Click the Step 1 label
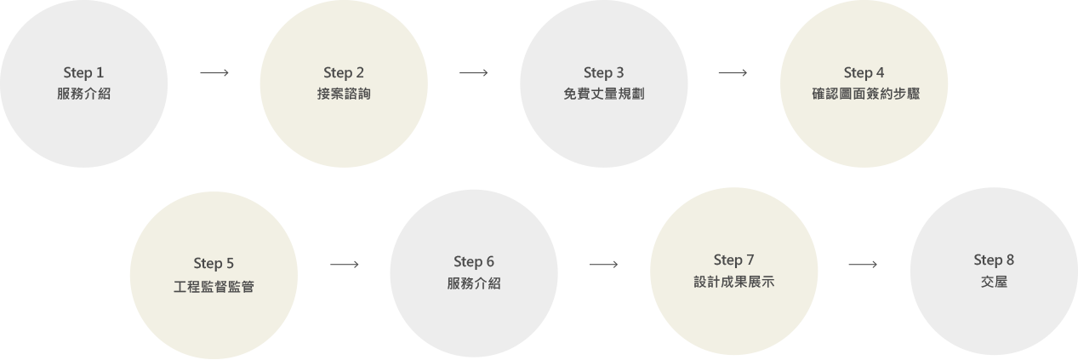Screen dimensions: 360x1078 [x=83, y=72]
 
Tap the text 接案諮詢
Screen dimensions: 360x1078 [x=344, y=94]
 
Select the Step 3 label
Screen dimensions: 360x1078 [x=604, y=72]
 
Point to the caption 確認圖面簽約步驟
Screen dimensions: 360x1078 [x=864, y=94]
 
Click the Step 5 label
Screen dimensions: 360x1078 [x=214, y=261]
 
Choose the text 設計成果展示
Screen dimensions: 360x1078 [x=734, y=282]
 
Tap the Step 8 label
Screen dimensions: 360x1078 [x=994, y=260]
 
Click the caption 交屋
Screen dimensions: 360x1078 [x=994, y=282]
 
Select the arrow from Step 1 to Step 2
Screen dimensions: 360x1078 [x=214, y=73]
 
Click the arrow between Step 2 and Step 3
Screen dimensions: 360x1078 [x=474, y=73]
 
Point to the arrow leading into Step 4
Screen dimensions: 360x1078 [x=733, y=73]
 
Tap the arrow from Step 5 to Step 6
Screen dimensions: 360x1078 [x=344, y=265]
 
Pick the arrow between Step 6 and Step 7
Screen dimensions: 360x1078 [x=603, y=265]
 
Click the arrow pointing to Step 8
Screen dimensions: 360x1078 [x=863, y=265]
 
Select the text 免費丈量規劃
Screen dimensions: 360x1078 [x=604, y=94]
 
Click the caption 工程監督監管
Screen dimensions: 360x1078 [x=214, y=284]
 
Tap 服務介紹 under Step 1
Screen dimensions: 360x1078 [x=83, y=94]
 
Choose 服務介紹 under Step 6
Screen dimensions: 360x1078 [x=474, y=283]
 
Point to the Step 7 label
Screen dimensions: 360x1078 [x=734, y=260]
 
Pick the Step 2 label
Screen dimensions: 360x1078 [x=344, y=72]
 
